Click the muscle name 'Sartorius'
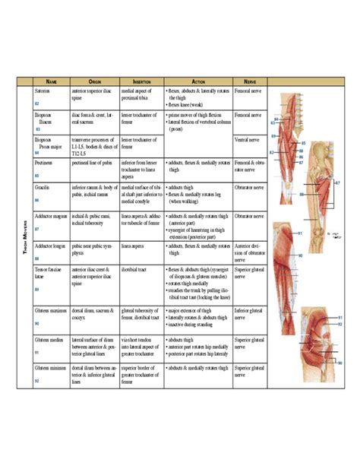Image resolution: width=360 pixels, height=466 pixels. (x=44, y=90)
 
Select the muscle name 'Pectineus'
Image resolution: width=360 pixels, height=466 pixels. (x=46, y=163)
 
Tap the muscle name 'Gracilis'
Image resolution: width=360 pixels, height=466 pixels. (x=43, y=186)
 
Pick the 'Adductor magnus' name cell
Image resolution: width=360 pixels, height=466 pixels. (x=51, y=216)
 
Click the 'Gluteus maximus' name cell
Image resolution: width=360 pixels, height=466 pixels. (x=52, y=311)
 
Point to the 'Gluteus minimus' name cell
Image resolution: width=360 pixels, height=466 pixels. (x=52, y=368)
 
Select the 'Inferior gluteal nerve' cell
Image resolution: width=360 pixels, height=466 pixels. (x=248, y=315)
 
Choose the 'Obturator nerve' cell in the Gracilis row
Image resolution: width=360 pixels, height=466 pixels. (x=249, y=186)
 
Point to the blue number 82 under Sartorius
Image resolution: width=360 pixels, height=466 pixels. (x=37, y=103)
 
